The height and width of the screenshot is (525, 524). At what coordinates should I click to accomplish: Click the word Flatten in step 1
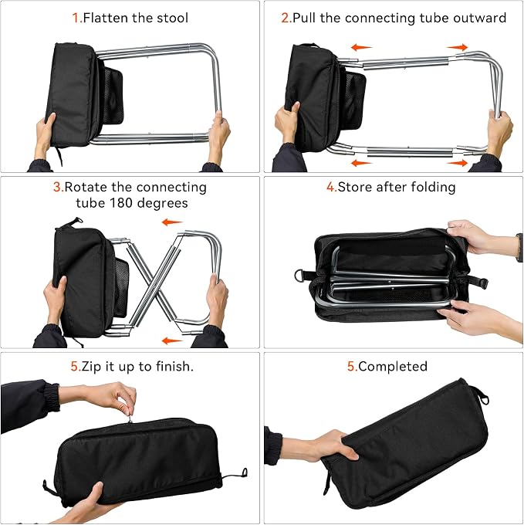106,18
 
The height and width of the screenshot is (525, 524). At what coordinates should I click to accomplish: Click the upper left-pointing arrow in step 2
361,47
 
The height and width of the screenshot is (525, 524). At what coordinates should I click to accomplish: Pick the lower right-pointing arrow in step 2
457,163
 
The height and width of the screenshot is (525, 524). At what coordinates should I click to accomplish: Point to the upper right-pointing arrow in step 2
457,47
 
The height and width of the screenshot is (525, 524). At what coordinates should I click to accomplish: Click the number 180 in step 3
121,203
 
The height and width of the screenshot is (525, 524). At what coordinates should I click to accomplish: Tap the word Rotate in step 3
86,187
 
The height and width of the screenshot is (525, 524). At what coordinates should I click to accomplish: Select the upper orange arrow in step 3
172,222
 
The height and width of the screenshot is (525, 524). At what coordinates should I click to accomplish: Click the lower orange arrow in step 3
172,340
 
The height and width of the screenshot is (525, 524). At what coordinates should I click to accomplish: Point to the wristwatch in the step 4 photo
519,247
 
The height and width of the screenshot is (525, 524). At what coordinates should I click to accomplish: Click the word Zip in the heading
91,367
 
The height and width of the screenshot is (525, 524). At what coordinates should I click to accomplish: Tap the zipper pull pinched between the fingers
130,418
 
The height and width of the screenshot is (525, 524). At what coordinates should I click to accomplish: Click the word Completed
393,367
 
